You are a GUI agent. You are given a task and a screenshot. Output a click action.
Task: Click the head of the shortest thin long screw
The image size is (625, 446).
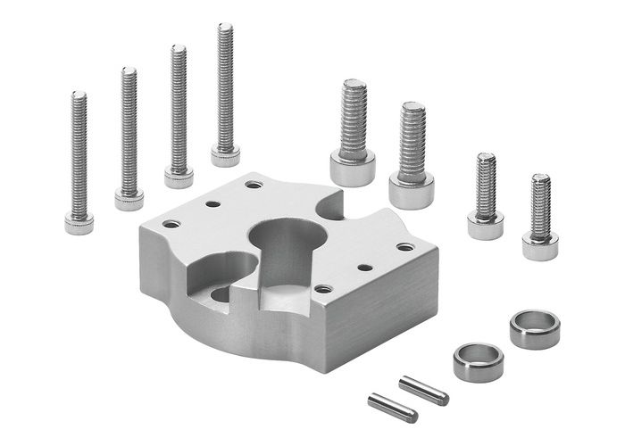click(79, 224)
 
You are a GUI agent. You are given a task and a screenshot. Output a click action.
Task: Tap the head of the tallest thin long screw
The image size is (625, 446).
click(225, 157)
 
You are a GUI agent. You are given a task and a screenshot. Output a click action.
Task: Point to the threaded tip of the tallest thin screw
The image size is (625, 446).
click(225, 28)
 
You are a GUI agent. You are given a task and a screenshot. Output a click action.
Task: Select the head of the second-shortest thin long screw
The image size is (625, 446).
click(129, 199)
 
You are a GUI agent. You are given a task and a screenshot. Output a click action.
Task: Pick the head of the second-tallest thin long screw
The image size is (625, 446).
click(179, 178)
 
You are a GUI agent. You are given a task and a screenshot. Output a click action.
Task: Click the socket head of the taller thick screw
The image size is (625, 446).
click(353, 167)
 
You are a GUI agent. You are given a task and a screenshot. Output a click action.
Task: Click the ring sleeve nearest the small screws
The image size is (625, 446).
click(535, 327)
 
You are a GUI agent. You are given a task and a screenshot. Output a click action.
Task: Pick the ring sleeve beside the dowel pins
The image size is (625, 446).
click(479, 360)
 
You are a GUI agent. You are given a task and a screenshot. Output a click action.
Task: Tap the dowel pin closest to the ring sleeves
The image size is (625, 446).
click(423, 390)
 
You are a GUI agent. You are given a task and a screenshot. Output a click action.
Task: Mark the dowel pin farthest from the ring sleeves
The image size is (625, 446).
click(393, 408)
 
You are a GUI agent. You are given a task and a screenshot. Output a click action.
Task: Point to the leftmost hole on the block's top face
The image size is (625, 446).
click(171, 223)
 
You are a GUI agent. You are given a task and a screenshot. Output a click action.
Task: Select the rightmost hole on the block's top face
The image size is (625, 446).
click(405, 247)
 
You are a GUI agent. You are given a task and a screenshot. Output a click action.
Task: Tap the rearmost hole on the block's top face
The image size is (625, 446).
click(254, 185)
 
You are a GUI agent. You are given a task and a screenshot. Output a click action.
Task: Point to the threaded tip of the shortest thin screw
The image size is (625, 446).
click(79, 95)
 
